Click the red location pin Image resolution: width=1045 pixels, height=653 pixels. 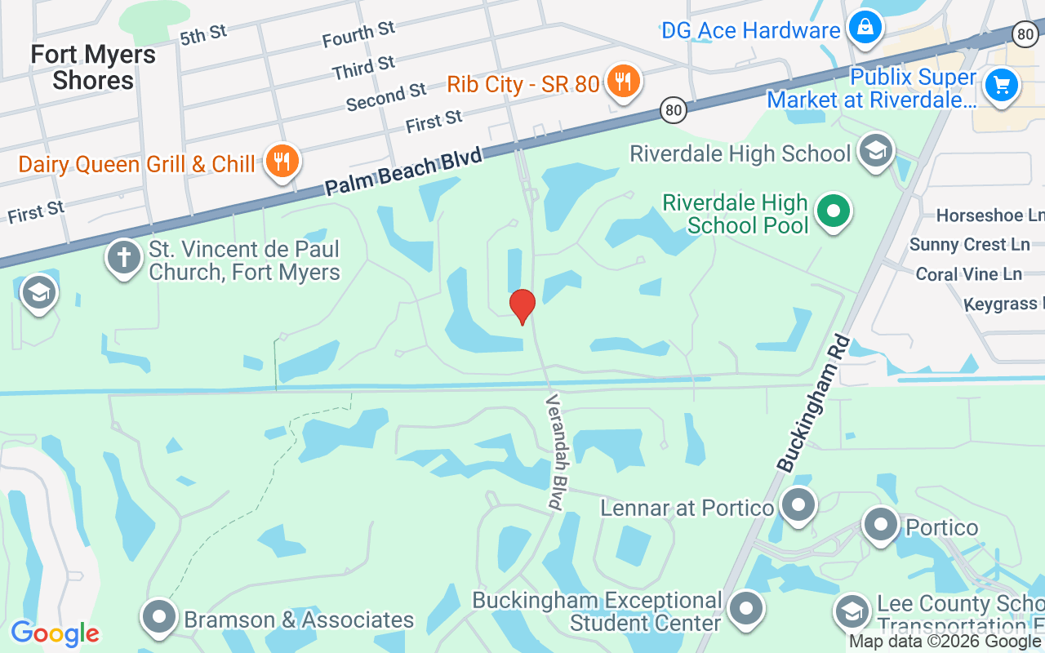coord(522,306)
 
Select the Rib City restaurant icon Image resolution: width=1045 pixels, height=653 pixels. coord(623,81)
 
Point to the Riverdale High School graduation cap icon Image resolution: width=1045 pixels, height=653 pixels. coord(876,151)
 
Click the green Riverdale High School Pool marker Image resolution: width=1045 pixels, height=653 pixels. coord(833,211)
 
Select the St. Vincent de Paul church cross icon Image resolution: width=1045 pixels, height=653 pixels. coord(123,257)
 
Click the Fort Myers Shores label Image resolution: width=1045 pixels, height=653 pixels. coord(93,68)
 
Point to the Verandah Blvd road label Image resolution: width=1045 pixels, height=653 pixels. coord(556,452)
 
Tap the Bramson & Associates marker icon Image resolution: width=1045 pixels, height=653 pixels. coord(159,617)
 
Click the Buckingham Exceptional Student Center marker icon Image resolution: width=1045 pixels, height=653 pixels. coord(745,609)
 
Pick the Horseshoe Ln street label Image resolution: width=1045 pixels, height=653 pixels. coord(989,215)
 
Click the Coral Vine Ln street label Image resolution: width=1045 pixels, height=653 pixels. coord(968,274)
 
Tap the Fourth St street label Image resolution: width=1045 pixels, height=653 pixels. coord(358,34)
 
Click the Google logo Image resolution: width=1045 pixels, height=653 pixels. coord(56,633)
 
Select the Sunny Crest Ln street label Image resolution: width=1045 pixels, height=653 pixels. coord(969,245)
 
